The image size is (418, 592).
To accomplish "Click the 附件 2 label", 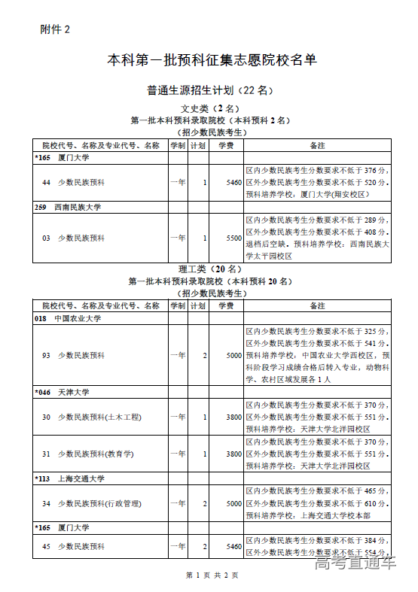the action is click(x=54, y=29).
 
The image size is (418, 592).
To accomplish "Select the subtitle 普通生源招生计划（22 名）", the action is click(x=209, y=90).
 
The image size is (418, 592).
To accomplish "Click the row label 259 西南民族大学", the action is click(x=68, y=207).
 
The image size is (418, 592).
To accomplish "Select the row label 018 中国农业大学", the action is click(x=68, y=319).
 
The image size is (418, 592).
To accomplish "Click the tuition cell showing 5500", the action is click(x=233, y=238).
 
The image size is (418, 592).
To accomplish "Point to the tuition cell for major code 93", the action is click(x=233, y=355).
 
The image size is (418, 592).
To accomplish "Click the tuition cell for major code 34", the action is click(x=233, y=503).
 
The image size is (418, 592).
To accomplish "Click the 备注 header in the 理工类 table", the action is click(x=317, y=306).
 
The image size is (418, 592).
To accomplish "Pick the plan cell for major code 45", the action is click(x=205, y=547).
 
